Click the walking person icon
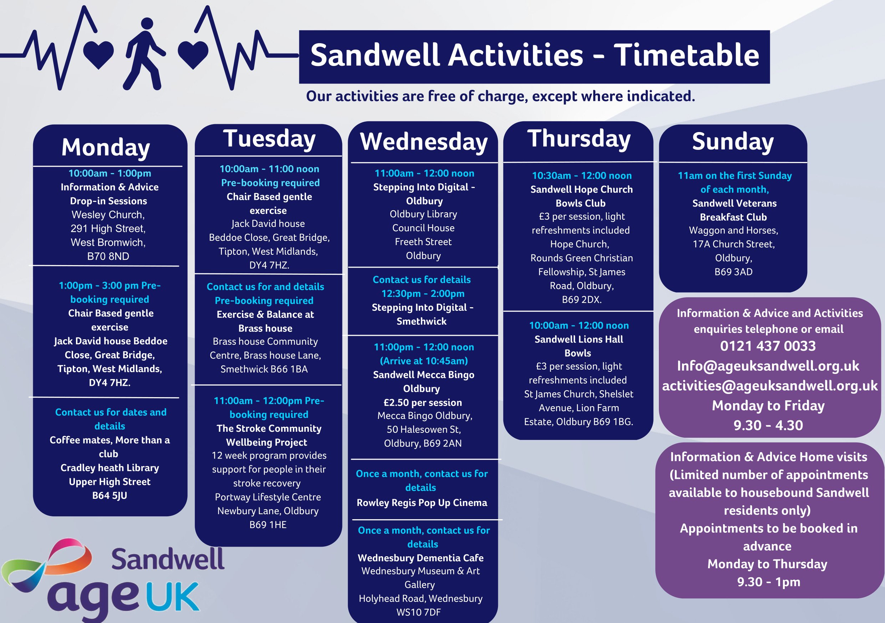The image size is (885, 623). point(143,54)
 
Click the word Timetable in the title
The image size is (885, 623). point(686,55)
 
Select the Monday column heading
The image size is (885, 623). point(106,147)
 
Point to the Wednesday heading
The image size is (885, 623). point(424,142)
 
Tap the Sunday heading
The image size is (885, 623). point(733,142)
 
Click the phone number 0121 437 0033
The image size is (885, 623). point(768,346)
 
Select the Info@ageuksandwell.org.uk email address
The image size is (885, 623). point(768,366)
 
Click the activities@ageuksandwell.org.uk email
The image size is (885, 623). point(770,386)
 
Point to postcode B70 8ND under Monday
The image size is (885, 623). point(108,256)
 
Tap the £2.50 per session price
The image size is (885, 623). point(423,402)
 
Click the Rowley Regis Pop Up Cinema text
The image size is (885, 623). point(422,503)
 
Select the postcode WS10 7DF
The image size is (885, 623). point(419,612)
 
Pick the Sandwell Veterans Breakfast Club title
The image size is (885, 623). point(734,210)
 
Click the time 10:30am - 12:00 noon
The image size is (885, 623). point(582,176)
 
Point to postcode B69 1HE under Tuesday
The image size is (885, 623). point(268,525)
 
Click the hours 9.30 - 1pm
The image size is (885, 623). point(769,582)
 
